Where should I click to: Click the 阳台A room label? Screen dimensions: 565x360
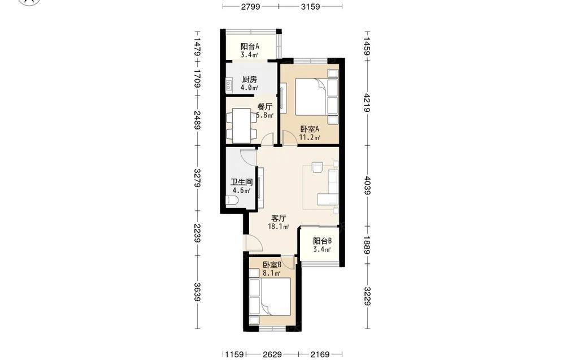pos(250,46)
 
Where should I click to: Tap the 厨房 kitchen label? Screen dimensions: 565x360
pos(249,79)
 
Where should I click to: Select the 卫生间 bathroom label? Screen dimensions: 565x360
pos(241,183)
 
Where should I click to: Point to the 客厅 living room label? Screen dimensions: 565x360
pos(278,218)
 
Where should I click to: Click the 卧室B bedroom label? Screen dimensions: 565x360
pos(272,265)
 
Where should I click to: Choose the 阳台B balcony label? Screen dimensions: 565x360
pos(322,241)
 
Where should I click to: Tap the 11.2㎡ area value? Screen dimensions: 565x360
pos(310,137)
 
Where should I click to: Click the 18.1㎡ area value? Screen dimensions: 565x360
pos(278,227)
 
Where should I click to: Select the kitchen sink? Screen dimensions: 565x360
pos(229,85)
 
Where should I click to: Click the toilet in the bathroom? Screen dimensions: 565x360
pos(231,201)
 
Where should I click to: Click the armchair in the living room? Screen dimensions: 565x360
pos(318,168)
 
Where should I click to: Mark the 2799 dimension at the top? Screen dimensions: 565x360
pos(250,6)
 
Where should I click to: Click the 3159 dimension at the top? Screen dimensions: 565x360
pos(310,6)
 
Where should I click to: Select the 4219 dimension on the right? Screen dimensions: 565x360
pos(367,103)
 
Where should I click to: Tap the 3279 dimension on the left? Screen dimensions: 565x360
pos(197,177)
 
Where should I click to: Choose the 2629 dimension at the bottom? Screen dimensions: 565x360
pos(272,354)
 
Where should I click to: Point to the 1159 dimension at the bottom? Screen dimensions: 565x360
pos(234,354)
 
